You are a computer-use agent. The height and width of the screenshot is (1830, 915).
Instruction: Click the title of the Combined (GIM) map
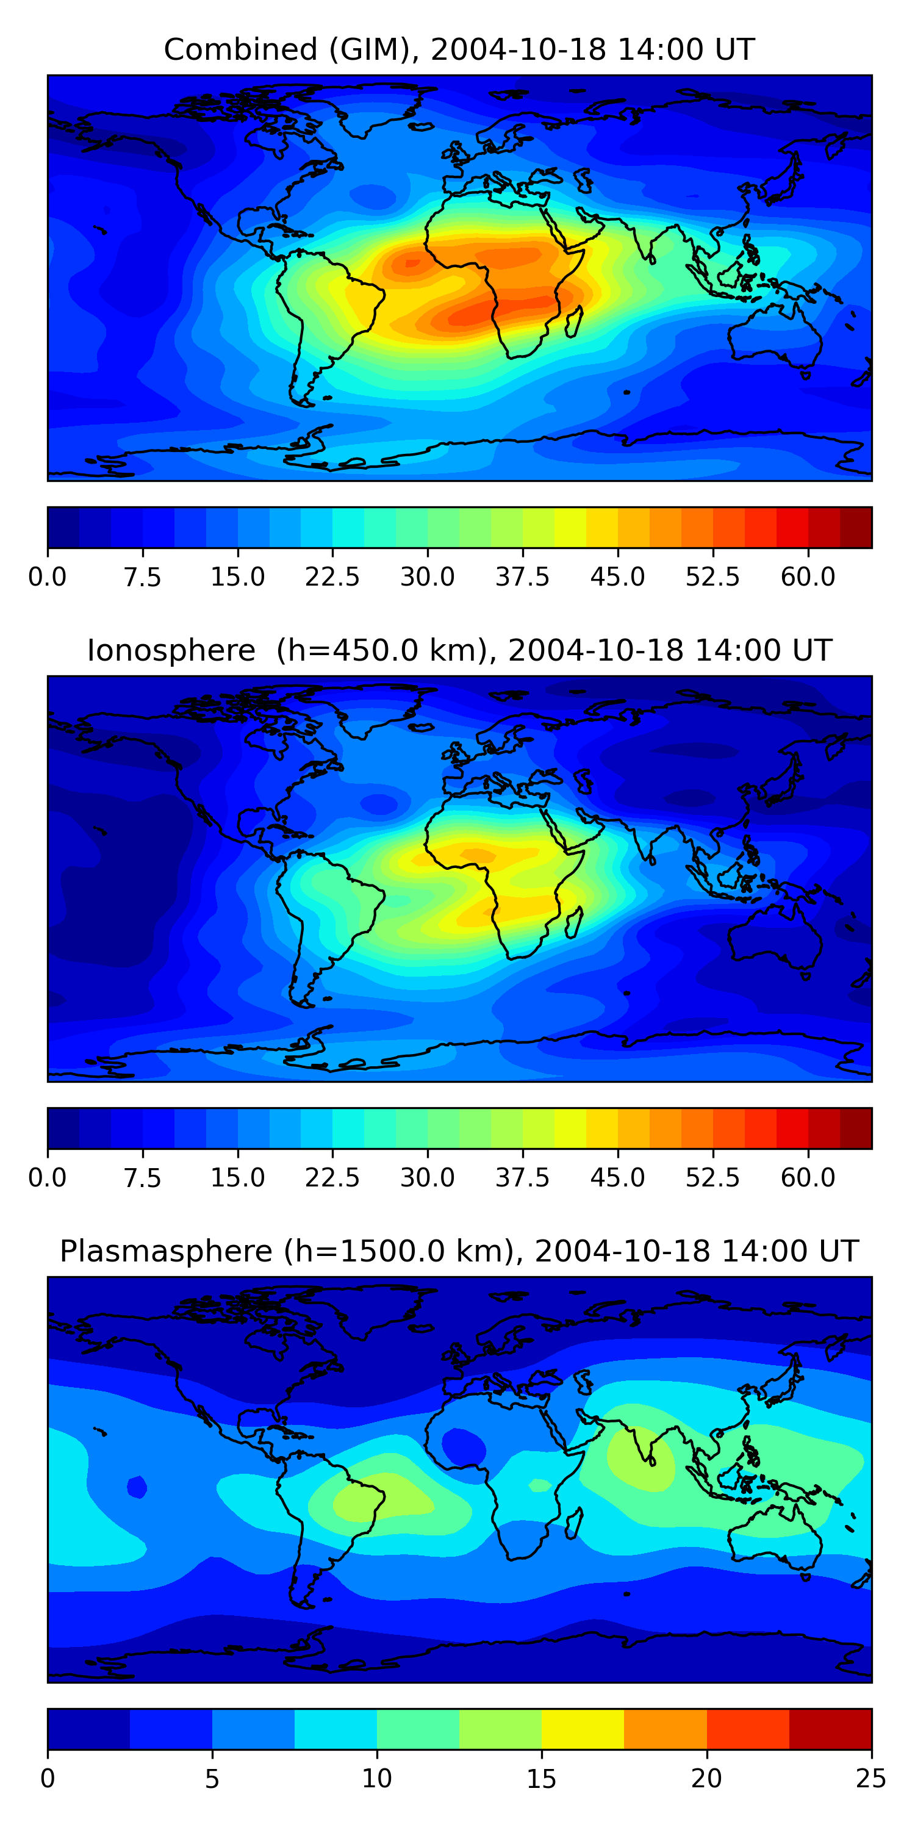(x=458, y=50)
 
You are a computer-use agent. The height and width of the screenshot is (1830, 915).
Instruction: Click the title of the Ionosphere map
(x=458, y=651)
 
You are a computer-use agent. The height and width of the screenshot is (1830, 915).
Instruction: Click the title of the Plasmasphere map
(x=458, y=1251)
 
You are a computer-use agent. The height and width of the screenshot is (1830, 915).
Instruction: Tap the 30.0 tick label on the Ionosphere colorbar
(x=428, y=1178)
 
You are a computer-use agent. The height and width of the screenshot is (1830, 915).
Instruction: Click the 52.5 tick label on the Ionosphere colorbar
(x=712, y=1178)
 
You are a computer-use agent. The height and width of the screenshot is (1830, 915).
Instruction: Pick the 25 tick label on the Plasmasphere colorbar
(x=870, y=1779)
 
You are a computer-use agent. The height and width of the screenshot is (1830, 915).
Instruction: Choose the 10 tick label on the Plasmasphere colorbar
(x=376, y=1779)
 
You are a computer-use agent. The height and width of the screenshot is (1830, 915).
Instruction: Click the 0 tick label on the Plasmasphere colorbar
(x=48, y=1779)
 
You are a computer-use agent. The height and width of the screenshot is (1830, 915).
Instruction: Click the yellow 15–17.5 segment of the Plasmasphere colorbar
(x=583, y=1728)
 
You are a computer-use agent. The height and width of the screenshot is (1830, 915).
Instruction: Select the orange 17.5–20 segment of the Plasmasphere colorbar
(x=665, y=1728)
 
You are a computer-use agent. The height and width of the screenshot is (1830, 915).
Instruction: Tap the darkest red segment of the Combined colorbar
(x=855, y=527)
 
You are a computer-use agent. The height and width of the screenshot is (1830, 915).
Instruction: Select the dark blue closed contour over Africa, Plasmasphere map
(x=463, y=1446)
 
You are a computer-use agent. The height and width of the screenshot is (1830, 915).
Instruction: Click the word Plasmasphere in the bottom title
(x=165, y=1251)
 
